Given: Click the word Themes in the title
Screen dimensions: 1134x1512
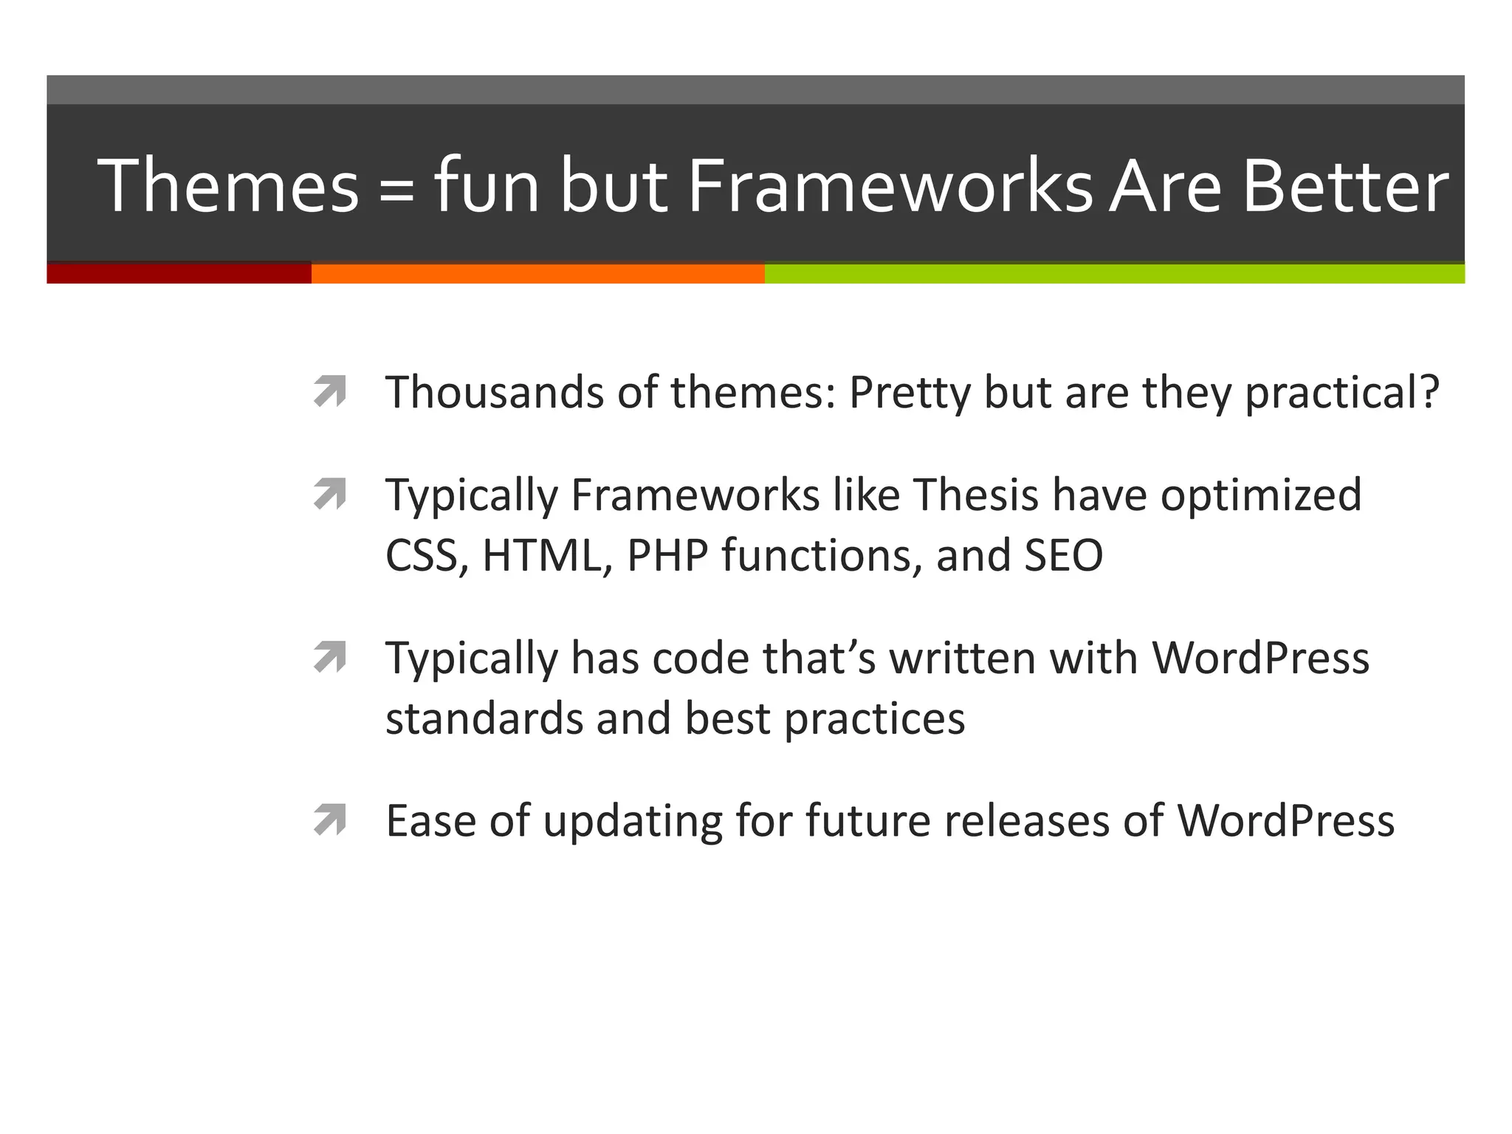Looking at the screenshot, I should tap(228, 185).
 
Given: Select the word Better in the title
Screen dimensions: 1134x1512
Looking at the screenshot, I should tap(1345, 185).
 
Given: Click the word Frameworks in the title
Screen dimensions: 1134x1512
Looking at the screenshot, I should tap(890, 185).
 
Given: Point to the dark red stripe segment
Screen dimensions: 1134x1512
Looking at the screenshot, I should tap(179, 273).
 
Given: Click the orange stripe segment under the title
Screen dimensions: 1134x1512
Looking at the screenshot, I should tap(537, 273).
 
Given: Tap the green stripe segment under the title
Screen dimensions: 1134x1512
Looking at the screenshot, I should tap(1114, 273).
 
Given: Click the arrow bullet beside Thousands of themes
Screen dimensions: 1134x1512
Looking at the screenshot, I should tap(329, 391).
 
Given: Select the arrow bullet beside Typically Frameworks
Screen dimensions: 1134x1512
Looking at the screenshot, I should tap(329, 494).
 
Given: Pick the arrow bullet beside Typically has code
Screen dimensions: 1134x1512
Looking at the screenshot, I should tap(329, 657).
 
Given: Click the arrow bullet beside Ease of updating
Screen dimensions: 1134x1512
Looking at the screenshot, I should tap(329, 819).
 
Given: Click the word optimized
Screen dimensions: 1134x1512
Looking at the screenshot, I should tap(1261, 495).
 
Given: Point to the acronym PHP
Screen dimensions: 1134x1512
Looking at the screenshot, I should tap(667, 555).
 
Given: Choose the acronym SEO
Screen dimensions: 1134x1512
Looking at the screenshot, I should tap(1063, 555).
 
